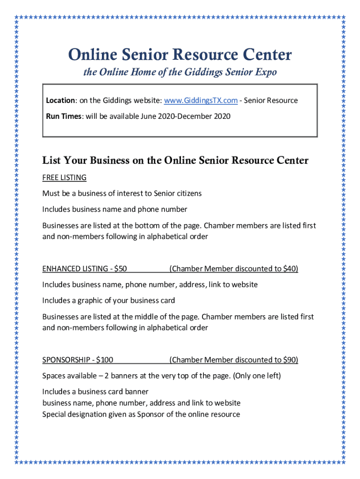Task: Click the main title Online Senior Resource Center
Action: tap(180, 55)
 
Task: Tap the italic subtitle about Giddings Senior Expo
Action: tap(180, 73)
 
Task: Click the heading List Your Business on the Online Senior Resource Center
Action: tap(175, 161)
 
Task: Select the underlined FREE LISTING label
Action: tap(65, 178)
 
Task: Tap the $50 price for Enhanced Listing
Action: tap(120, 269)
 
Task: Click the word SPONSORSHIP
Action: tap(66, 360)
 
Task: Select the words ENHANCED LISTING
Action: tap(75, 269)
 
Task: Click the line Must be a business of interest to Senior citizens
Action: tap(122, 194)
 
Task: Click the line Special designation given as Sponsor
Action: tap(141, 414)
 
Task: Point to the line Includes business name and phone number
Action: tap(115, 209)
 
